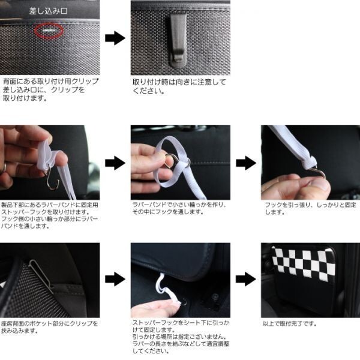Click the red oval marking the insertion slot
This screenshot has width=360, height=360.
(49, 31)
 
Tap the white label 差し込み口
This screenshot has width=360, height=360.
(48, 11)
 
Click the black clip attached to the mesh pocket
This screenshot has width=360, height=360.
(178, 40)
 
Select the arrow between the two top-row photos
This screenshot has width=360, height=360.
(115, 38)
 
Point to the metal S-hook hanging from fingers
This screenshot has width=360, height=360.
(52, 179)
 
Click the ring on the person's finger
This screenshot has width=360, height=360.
(4, 168)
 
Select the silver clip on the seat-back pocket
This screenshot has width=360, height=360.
(41, 276)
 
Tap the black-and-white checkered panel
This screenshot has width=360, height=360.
(303, 264)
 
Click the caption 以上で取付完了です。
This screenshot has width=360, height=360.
(290, 324)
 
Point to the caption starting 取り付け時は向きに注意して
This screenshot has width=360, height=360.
(179, 86)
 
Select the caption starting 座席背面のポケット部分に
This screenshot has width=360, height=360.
(49, 327)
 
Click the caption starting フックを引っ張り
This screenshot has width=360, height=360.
(310, 208)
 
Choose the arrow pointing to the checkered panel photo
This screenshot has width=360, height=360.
(245, 279)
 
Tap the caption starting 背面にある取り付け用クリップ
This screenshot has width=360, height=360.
(51, 90)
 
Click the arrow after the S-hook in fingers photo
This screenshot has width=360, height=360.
(115, 163)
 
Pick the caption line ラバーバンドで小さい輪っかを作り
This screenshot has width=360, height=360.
(179, 205)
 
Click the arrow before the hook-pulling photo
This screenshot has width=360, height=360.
(246, 163)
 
